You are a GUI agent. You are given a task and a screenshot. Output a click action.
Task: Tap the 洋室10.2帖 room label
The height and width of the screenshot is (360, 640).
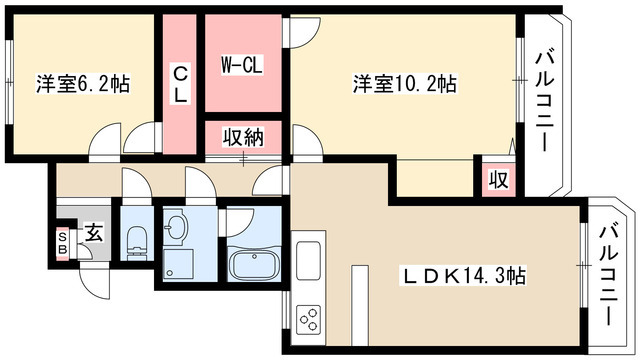(404, 84)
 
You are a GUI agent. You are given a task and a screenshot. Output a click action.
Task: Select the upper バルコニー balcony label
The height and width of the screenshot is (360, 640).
(545, 100)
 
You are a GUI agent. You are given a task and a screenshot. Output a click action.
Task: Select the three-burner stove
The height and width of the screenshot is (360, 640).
(309, 320)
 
